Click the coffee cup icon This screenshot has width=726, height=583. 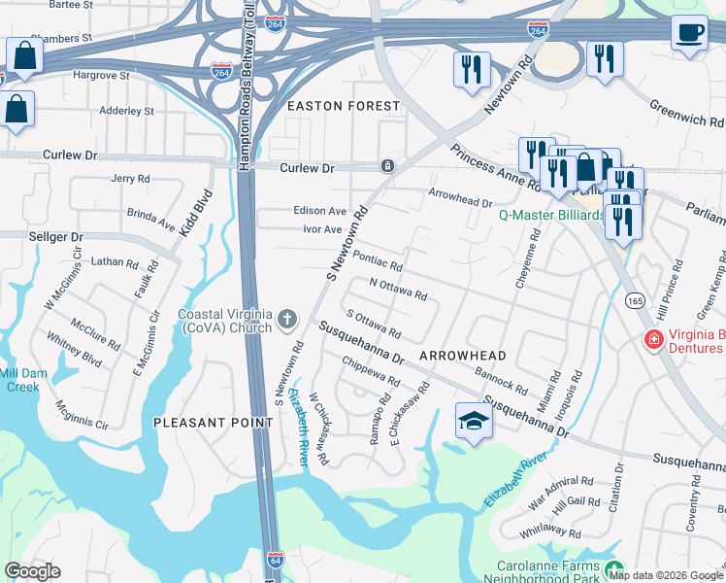(x=689, y=33)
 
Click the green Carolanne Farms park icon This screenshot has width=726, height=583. (x=612, y=568)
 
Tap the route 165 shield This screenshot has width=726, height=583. (x=635, y=301)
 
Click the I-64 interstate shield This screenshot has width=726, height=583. (x=276, y=561)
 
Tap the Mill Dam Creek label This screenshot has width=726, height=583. (x=19, y=380)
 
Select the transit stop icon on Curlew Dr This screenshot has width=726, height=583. (x=387, y=166)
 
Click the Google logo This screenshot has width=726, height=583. (x=32, y=571)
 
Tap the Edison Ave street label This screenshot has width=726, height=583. (x=319, y=211)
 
